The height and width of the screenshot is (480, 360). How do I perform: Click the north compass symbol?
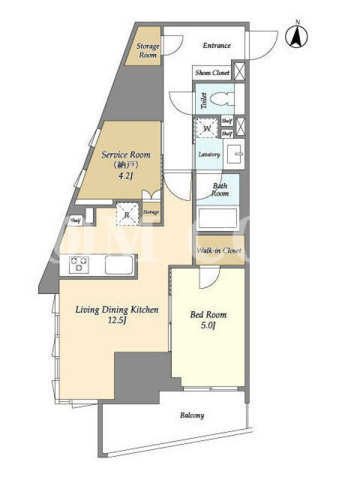296,36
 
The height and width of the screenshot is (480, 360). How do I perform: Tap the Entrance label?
217,46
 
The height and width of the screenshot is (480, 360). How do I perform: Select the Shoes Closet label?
212,73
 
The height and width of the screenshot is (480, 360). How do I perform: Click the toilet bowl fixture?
224,99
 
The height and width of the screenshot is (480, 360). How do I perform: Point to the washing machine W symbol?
207,128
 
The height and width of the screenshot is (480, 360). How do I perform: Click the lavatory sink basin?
236,154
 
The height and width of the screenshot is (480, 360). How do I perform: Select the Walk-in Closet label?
219,250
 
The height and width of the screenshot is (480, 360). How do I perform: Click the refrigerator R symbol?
127,214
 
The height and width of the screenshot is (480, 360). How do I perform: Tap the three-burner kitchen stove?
79,265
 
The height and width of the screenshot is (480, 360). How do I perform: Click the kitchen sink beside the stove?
119,265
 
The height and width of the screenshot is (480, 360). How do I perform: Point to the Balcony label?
192,416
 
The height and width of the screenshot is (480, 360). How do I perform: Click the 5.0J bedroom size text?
208,326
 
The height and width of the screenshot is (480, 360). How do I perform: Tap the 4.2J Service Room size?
126,176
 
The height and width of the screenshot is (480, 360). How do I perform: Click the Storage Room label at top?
148,51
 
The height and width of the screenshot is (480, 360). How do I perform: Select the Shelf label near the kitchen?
76,220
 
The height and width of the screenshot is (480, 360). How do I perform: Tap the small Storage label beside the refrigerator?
151,212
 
